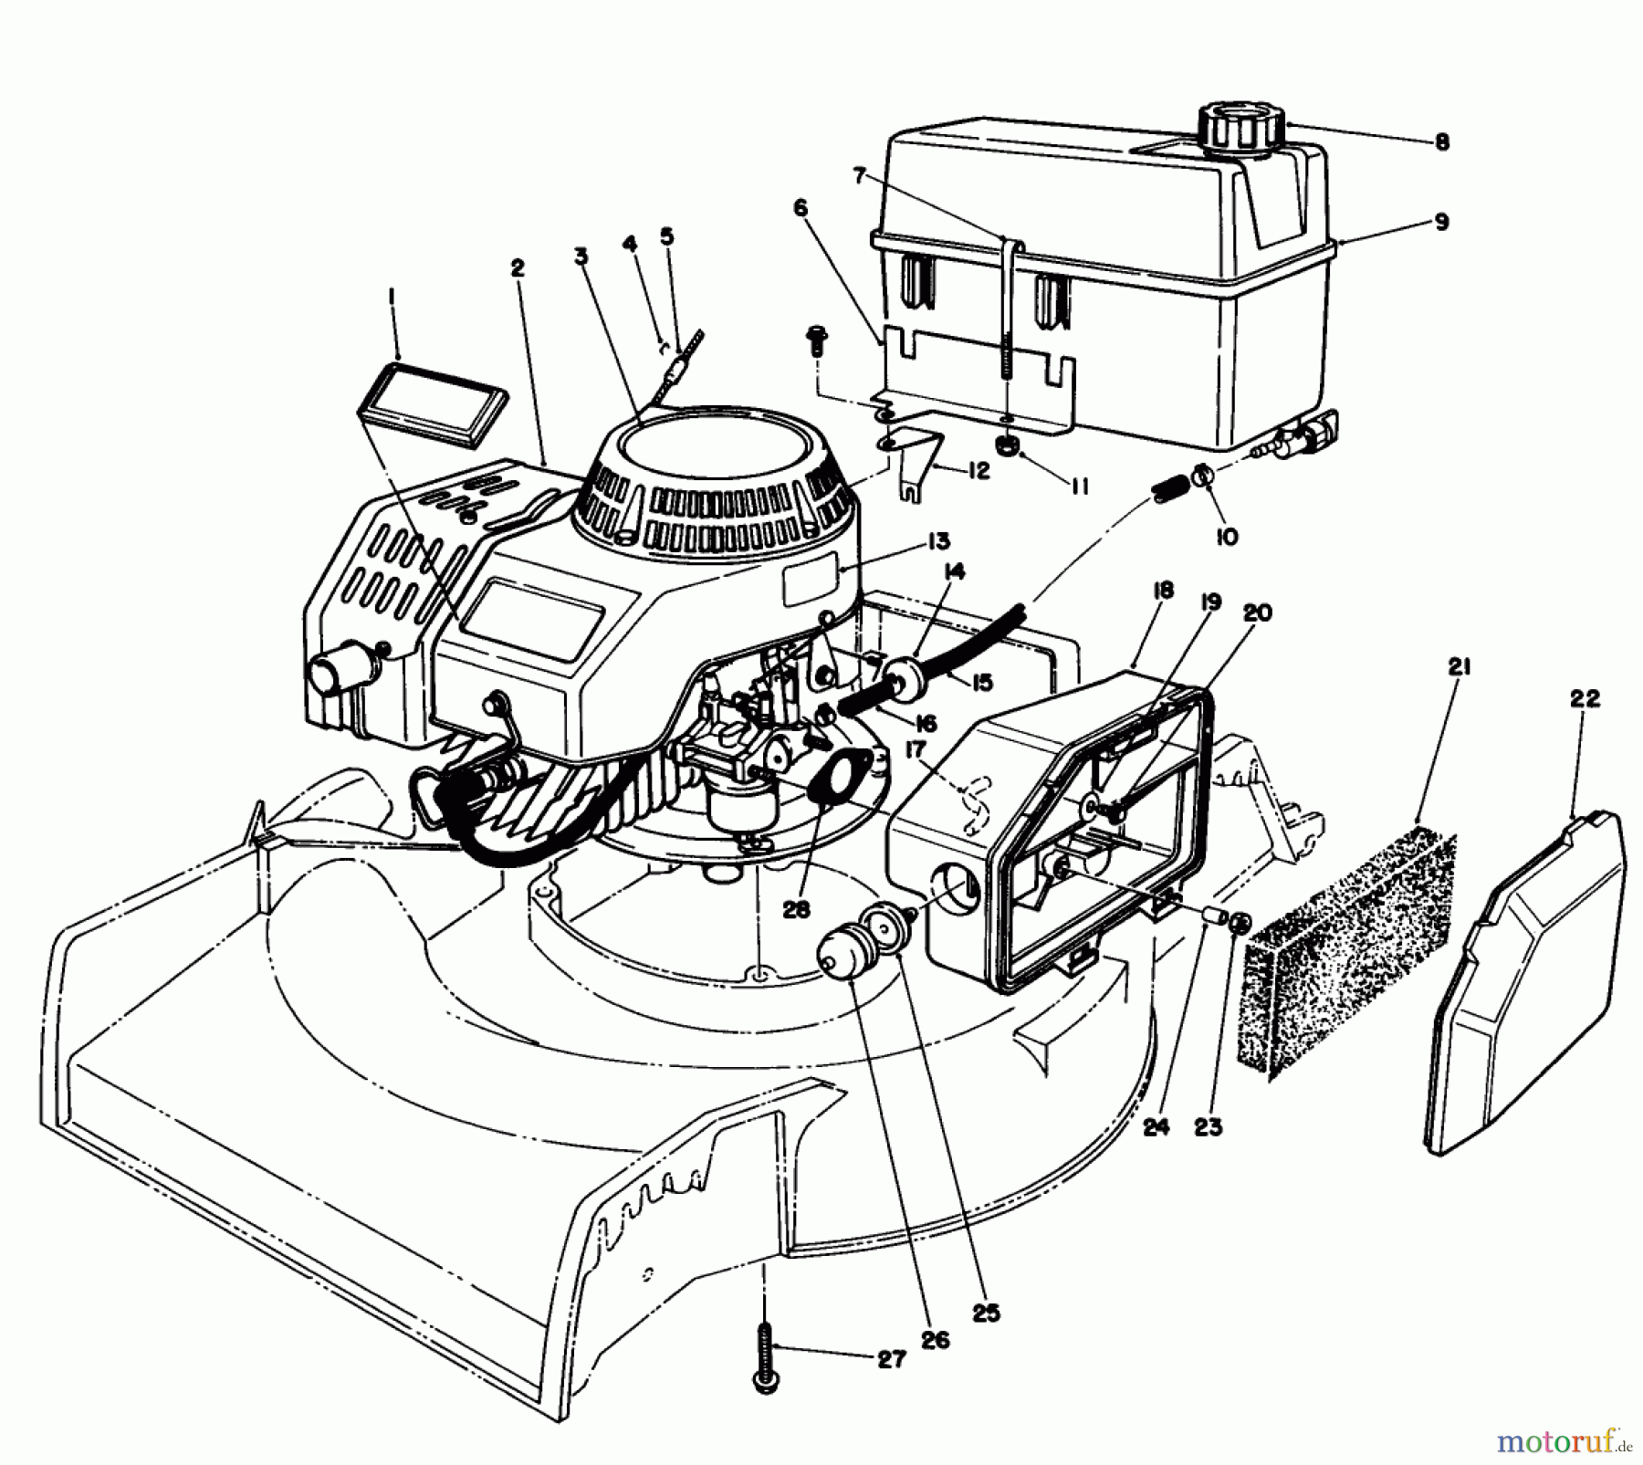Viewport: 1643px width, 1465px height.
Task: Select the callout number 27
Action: pos(891,1386)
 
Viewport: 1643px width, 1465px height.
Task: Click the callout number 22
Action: pos(1584,699)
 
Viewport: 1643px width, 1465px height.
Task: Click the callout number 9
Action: pos(1440,222)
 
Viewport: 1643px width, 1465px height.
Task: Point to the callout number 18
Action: pos(1162,591)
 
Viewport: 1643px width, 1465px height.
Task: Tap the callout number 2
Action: pos(518,269)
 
